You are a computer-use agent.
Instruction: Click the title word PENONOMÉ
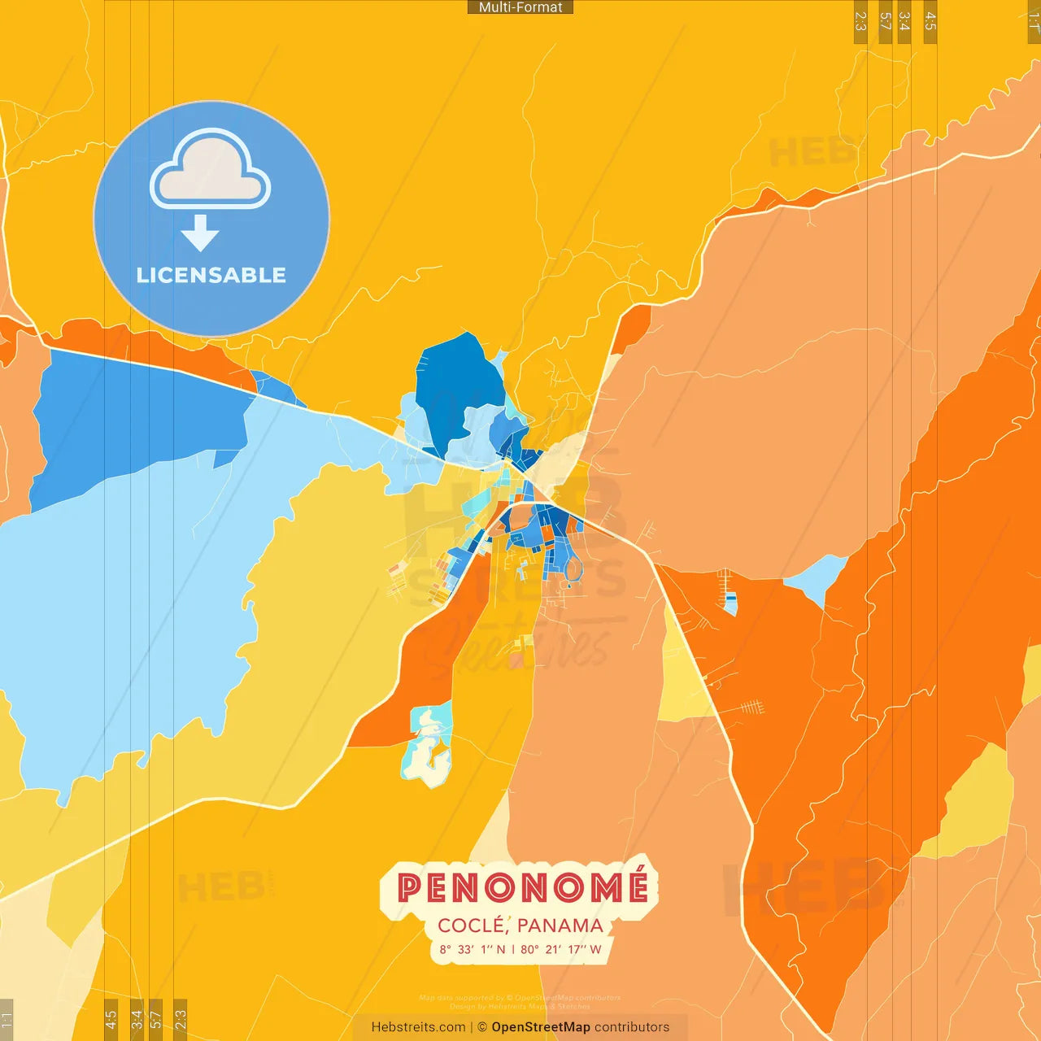[x=522, y=887]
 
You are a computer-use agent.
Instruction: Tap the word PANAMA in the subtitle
[x=560, y=926]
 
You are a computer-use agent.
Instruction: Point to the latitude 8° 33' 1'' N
[x=472, y=949]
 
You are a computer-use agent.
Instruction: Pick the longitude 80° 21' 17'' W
[x=561, y=949]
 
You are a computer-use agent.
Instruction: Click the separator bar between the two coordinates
[x=512, y=949]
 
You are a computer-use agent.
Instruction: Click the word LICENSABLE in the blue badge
[x=211, y=275]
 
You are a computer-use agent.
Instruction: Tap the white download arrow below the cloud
[x=200, y=233]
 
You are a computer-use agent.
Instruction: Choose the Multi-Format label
[x=520, y=7]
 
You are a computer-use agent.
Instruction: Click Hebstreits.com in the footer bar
[x=418, y=1027]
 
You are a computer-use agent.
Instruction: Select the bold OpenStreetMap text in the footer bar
[x=540, y=1027]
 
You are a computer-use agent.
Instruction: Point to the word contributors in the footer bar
[x=632, y=1027]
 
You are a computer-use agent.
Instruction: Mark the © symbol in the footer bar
[x=482, y=1027]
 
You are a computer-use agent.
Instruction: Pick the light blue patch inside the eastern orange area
[x=817, y=577]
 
